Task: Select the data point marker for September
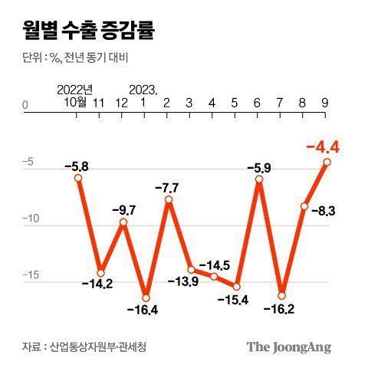click(x=327, y=162)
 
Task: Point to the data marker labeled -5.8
click(x=78, y=178)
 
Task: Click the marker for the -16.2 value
click(x=281, y=295)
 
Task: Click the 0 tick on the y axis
click(x=25, y=104)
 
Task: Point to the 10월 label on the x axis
click(x=75, y=103)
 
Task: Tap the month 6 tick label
click(x=257, y=103)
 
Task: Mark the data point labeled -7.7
click(x=168, y=200)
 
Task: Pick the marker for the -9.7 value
click(x=123, y=222)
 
